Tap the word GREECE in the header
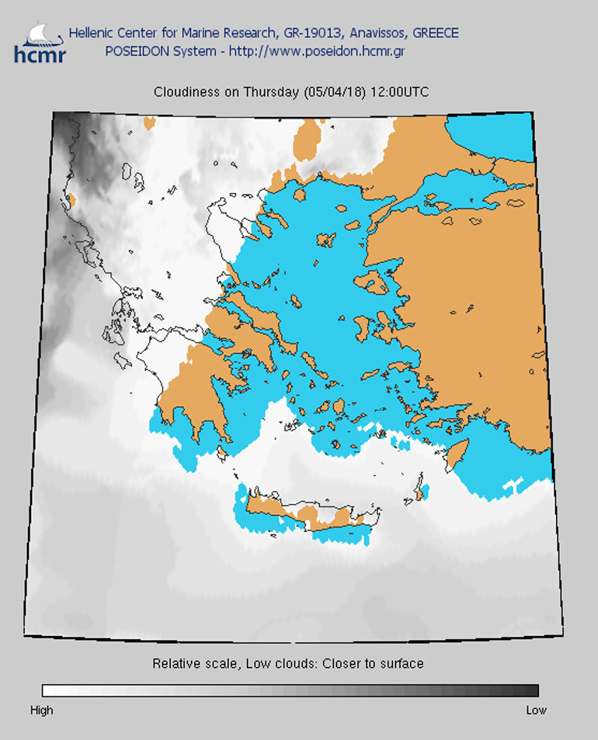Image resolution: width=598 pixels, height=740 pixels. [435, 33]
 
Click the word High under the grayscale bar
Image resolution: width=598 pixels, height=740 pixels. [42, 710]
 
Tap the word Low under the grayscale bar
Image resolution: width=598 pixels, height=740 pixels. [536, 710]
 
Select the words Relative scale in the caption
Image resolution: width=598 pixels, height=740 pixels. [187, 664]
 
